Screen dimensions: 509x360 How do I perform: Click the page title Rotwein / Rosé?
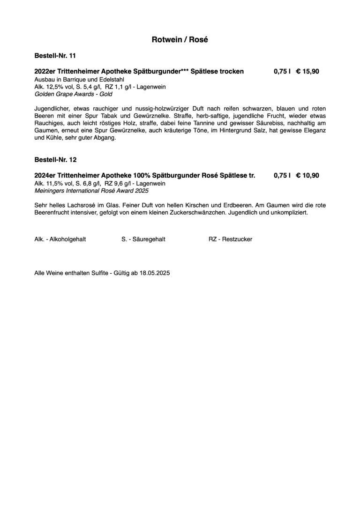180,40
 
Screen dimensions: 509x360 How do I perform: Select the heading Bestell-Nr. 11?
55,56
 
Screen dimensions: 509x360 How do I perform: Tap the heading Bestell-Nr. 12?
55,160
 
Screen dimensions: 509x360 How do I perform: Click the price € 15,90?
307,72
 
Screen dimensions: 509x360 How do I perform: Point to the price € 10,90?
307,176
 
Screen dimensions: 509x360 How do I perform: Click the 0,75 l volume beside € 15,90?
282,72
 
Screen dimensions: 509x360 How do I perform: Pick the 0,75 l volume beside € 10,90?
282,176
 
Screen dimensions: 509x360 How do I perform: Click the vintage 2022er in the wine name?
44,72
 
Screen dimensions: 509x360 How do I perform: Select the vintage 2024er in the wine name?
44,176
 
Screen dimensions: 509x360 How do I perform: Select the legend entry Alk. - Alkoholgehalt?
60,239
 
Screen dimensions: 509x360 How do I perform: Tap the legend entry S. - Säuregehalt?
143,239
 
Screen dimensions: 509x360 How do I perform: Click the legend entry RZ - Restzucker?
230,239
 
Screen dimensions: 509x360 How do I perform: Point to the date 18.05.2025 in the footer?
155,272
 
